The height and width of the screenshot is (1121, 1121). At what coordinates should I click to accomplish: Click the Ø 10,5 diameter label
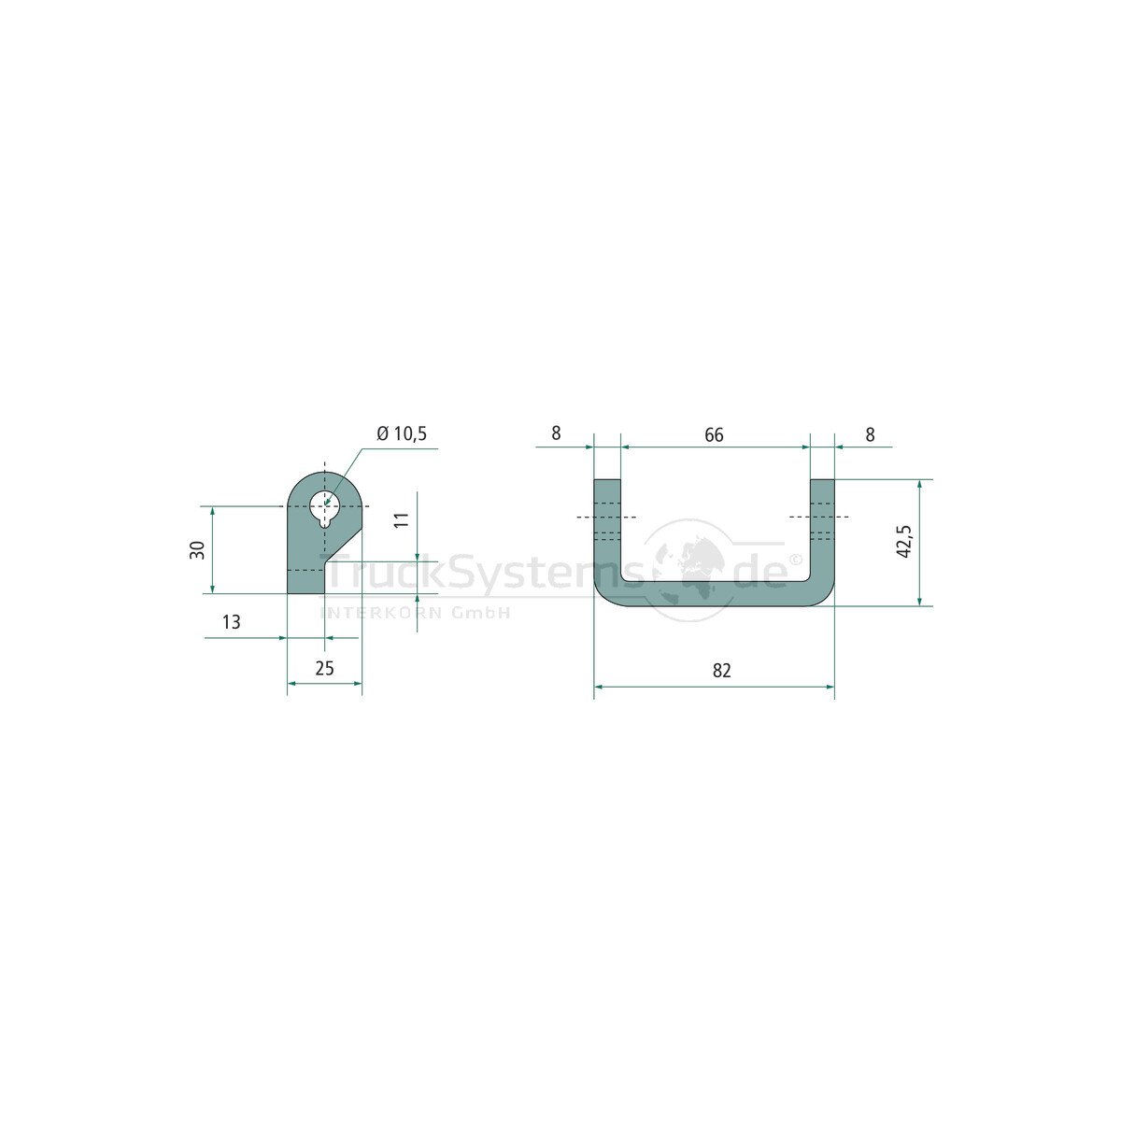pyautogui.click(x=402, y=434)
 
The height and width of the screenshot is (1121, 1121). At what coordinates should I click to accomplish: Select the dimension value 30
pyautogui.click(x=198, y=549)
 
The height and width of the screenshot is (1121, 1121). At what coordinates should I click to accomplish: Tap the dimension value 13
pyautogui.click(x=231, y=622)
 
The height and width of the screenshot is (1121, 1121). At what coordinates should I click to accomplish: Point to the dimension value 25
pyautogui.click(x=324, y=669)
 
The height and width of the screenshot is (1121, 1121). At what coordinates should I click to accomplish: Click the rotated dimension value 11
pyautogui.click(x=402, y=519)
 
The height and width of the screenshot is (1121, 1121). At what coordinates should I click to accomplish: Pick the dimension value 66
pyautogui.click(x=714, y=434)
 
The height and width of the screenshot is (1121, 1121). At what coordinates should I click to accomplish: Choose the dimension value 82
pyautogui.click(x=721, y=671)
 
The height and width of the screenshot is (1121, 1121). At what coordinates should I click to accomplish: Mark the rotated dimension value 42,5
pyautogui.click(x=904, y=542)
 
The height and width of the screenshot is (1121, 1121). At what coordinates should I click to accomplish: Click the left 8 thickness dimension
pyautogui.click(x=556, y=433)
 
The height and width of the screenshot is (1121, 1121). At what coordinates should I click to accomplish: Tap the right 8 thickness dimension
pyautogui.click(x=870, y=434)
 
